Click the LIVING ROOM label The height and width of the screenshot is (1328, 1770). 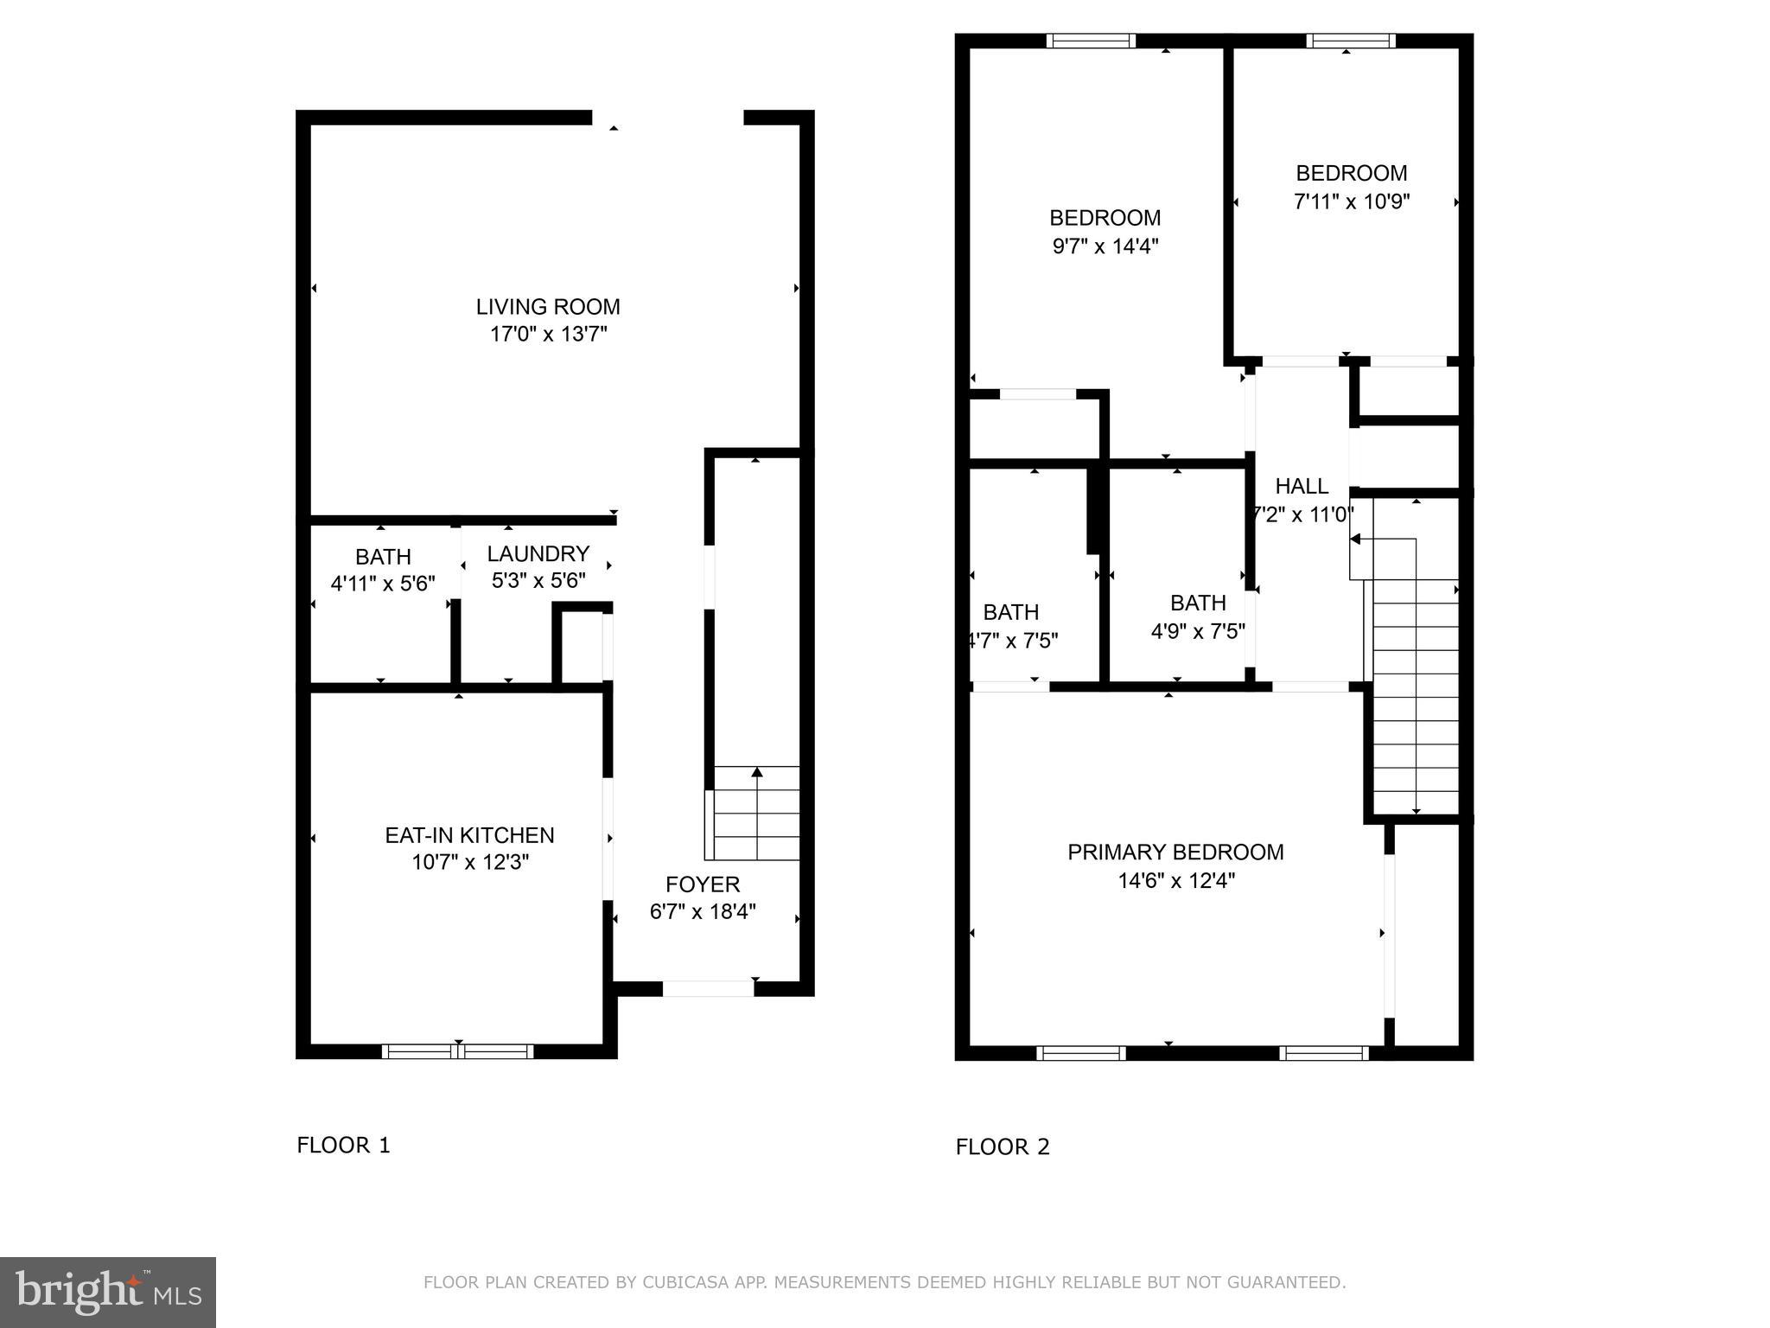548,307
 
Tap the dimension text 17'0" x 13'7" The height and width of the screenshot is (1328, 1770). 548,334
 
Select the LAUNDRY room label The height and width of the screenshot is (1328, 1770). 538,553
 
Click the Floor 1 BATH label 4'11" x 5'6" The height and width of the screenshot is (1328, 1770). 383,571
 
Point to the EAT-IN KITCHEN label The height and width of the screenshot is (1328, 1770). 469,835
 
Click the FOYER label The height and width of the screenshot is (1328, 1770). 703,884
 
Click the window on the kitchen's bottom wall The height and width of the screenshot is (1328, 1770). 457,1051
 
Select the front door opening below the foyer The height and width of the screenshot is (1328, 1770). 708,988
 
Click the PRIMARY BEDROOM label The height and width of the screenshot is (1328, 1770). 1175,852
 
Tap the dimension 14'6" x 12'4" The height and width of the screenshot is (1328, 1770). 1175,880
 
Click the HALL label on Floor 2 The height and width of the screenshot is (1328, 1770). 1302,486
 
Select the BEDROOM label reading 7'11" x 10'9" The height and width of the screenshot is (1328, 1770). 1352,187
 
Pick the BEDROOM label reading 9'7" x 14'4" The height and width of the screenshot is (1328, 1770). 1105,232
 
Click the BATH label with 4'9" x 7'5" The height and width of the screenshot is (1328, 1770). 1198,616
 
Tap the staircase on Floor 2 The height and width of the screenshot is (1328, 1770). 1415,692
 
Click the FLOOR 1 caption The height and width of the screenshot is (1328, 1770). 343,1146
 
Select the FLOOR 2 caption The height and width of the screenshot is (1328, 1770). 1003,1147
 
